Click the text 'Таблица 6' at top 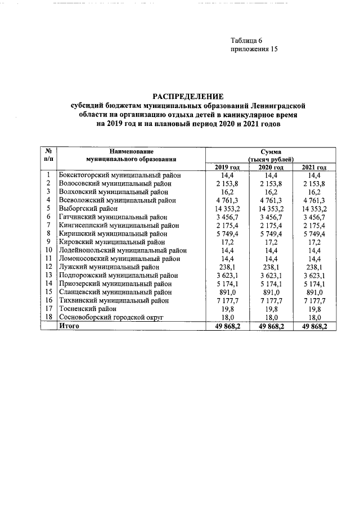tap(246, 40)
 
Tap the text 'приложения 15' tap(254, 49)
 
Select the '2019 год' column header tap(227, 168)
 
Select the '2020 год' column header tap(270, 168)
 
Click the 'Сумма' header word tap(271, 152)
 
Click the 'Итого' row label tap(70, 326)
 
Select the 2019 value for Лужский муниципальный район tap(227, 267)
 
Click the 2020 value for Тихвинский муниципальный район tap(270, 300)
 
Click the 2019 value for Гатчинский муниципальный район tap(227, 217)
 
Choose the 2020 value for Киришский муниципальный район tap(270, 233)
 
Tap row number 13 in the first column tap(49, 276)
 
